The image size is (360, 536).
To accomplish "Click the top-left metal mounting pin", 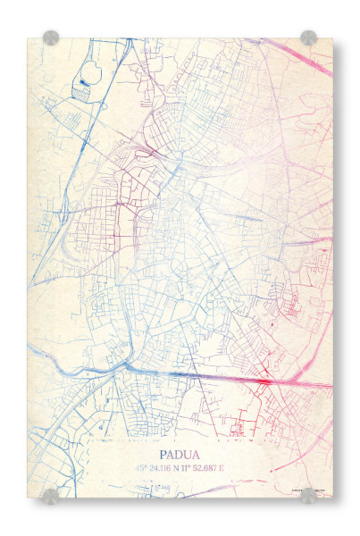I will [51, 38].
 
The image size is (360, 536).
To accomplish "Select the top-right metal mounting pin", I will [308, 38].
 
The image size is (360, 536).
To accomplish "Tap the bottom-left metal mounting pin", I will [51, 496].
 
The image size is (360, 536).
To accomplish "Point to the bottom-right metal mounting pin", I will [308, 496].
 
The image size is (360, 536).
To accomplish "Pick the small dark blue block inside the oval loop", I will [83, 82].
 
